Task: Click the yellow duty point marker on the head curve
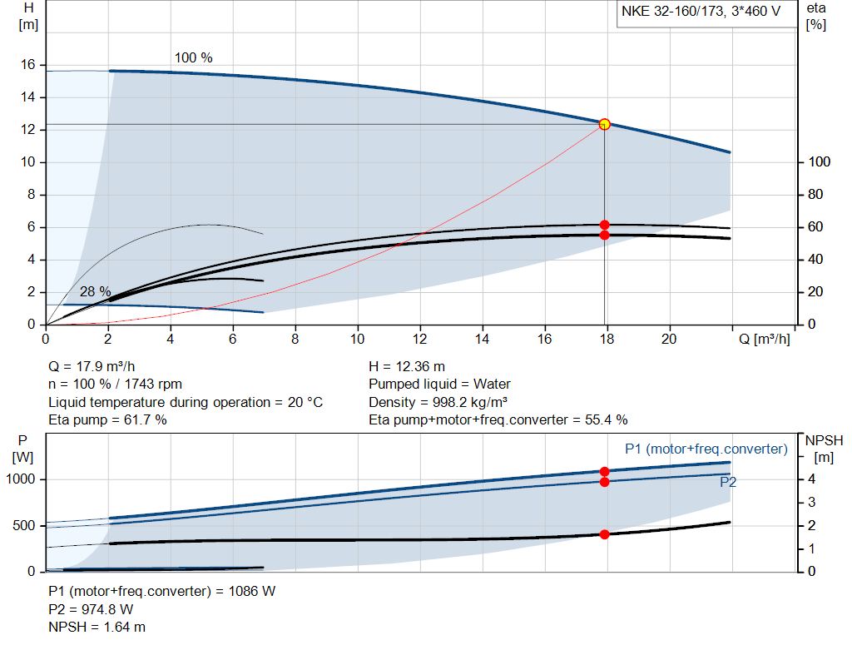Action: (605, 124)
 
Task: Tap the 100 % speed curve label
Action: (193, 58)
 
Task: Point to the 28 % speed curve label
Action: (95, 292)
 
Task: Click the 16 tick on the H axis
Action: (27, 65)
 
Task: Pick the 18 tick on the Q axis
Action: (607, 339)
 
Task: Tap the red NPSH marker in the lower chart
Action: (605, 534)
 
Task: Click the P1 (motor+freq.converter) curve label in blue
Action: (706, 449)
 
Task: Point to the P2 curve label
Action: (727, 481)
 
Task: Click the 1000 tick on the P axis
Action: (22, 479)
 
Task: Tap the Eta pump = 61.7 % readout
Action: (108, 420)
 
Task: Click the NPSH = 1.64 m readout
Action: (97, 627)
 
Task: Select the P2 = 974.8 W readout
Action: (91, 609)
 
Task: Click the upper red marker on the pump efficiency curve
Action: (605, 225)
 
